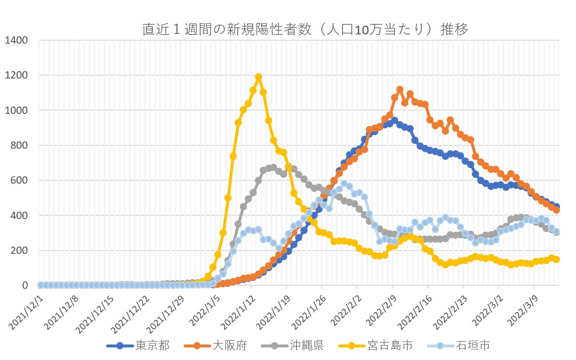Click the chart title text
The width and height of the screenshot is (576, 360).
coord(305,30)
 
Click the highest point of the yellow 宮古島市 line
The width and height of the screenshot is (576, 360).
coord(258,77)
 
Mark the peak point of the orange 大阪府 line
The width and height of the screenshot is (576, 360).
coord(400,90)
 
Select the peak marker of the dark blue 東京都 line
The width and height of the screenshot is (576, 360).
coord(394,121)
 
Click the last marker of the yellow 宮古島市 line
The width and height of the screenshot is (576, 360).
coord(557,259)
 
